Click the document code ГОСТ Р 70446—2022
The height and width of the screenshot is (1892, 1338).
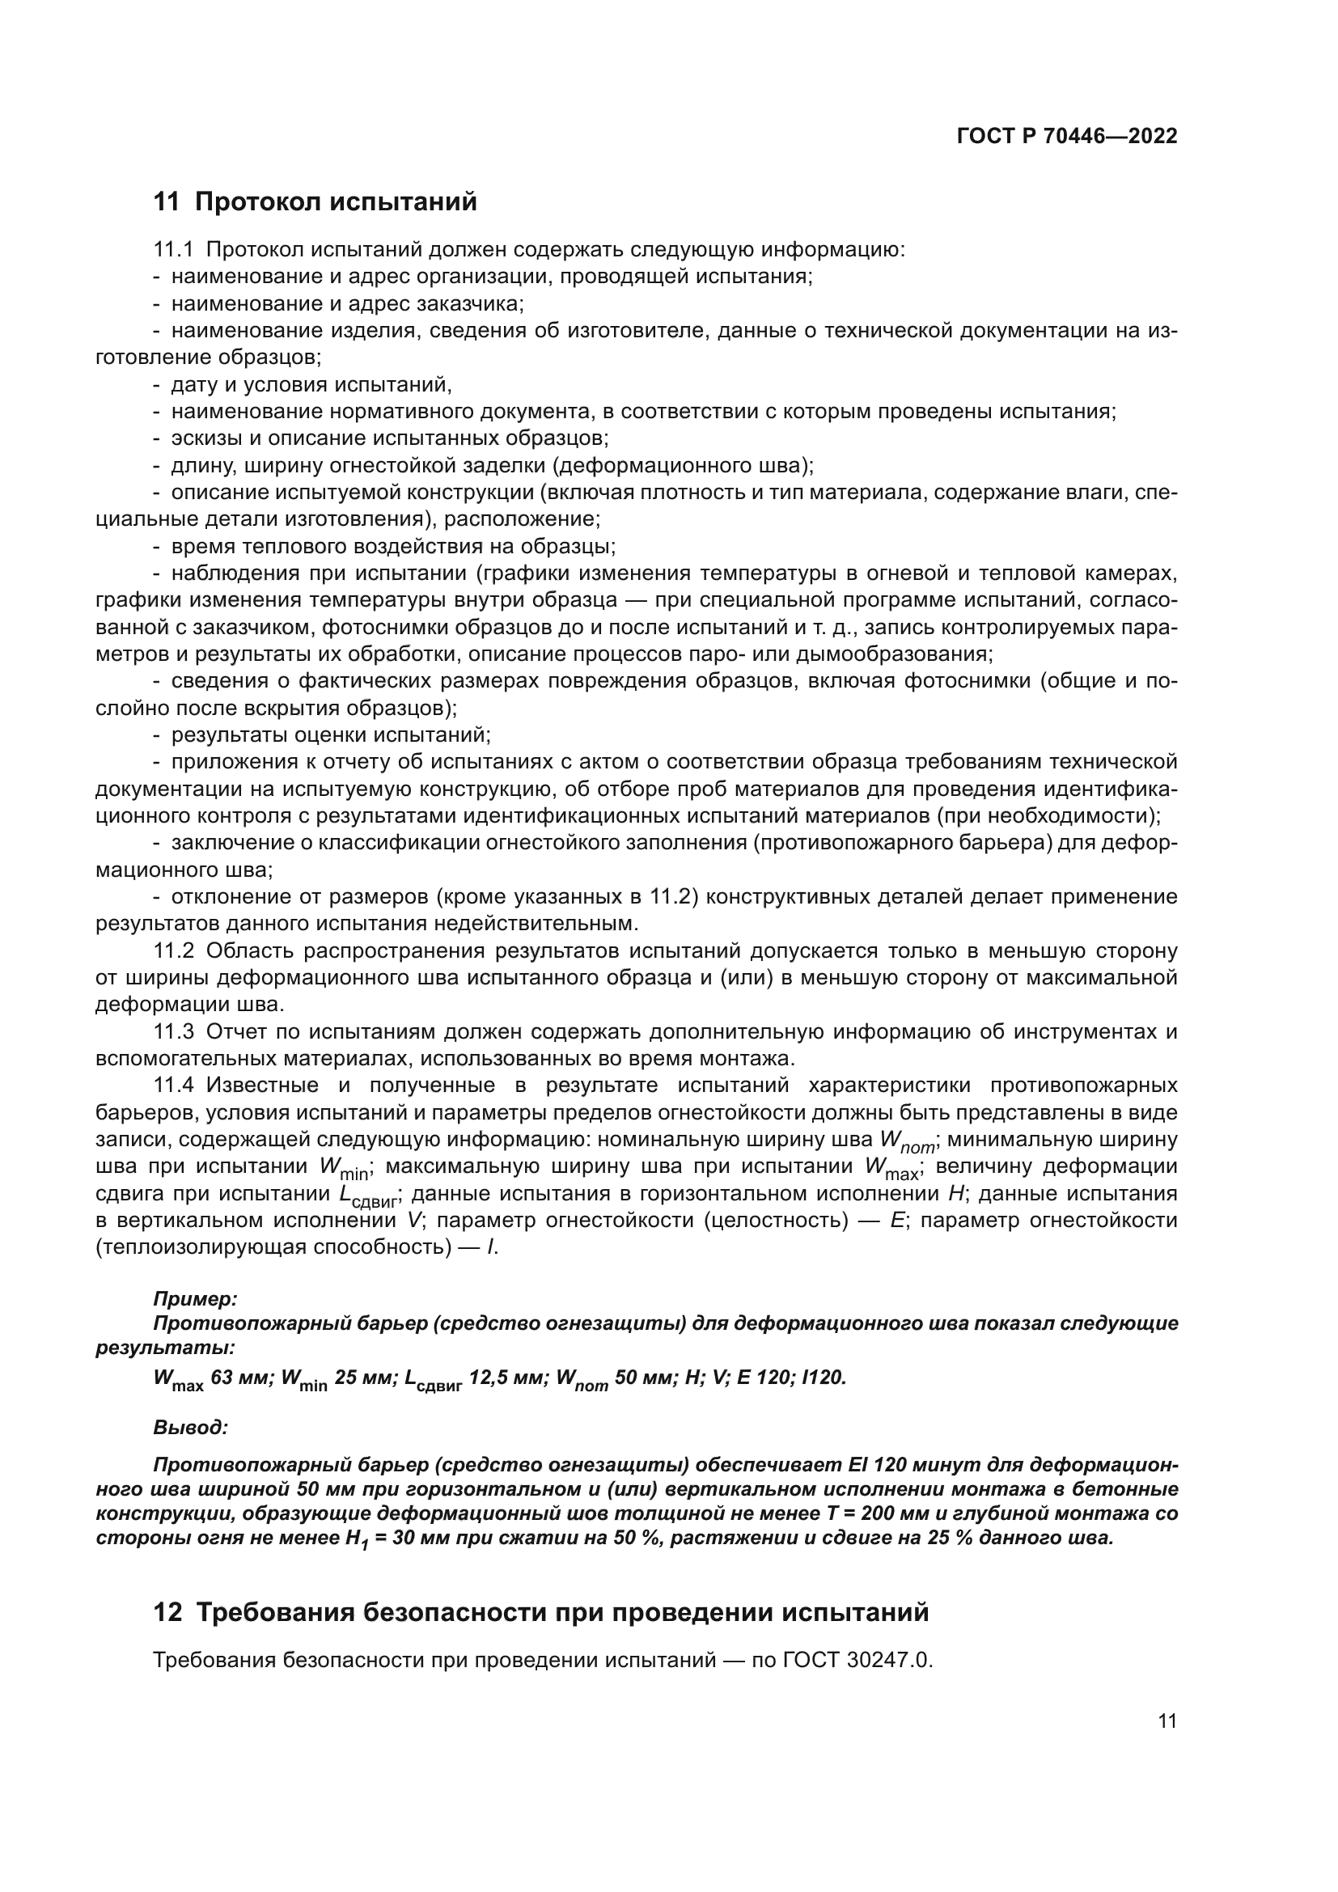pos(1067,137)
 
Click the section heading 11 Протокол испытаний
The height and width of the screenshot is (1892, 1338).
pos(315,202)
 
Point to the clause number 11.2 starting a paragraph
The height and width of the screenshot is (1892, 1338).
pos(173,951)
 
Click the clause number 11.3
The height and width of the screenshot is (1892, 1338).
pos(173,1031)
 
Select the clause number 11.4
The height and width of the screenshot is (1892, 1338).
pos(173,1086)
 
